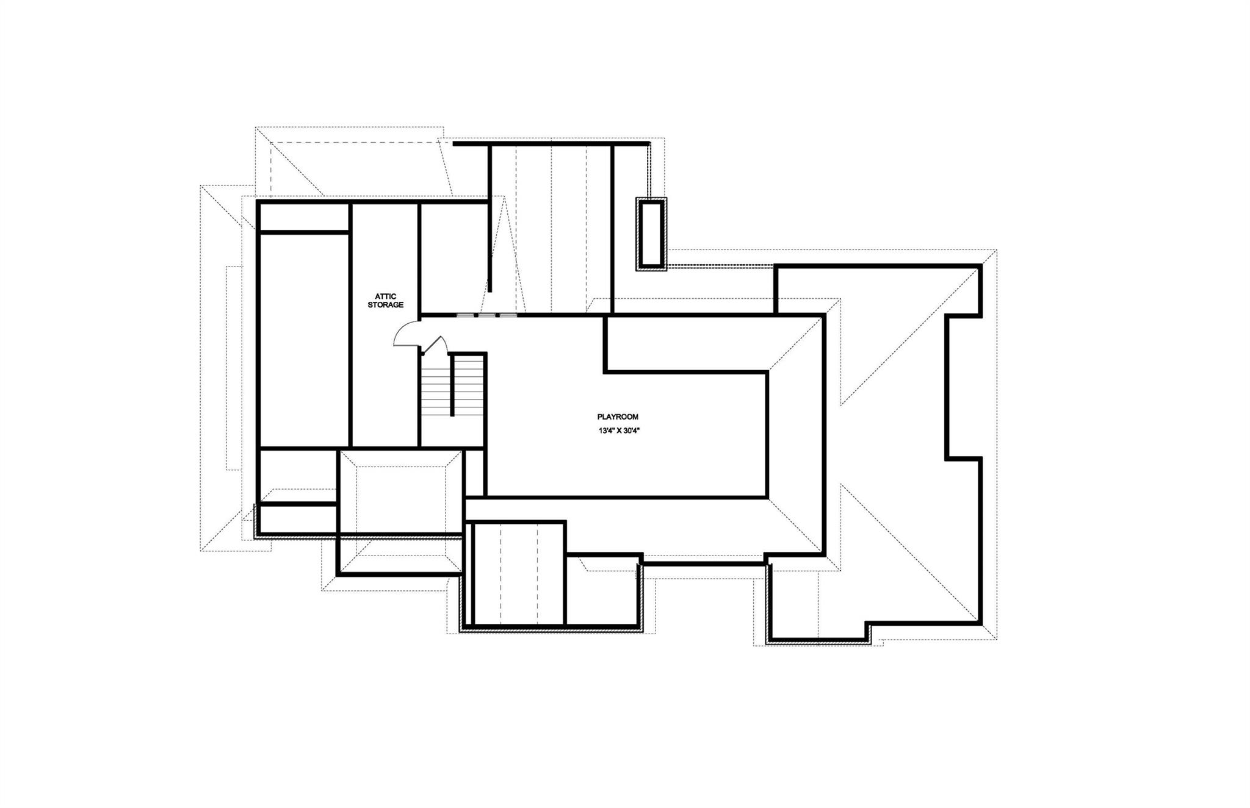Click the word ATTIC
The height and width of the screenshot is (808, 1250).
click(x=385, y=296)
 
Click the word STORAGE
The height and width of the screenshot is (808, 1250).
click(x=385, y=305)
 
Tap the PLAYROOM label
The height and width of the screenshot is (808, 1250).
click(x=618, y=417)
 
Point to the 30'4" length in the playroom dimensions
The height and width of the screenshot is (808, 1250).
click(x=635, y=430)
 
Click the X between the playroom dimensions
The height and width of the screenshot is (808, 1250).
click(x=619, y=430)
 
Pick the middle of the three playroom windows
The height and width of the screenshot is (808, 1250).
click(x=486, y=315)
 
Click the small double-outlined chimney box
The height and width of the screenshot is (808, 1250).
click(x=651, y=234)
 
